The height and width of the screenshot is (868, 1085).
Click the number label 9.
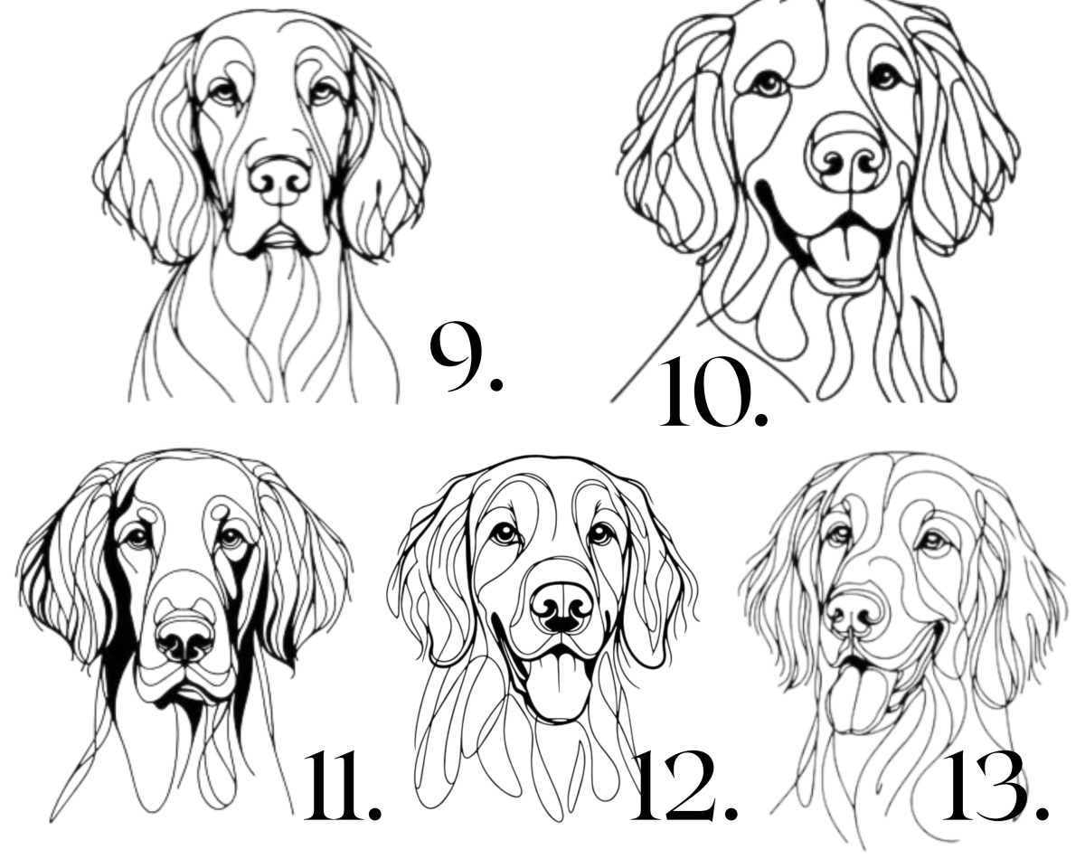pos(466,357)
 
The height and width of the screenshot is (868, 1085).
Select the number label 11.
pos(343,791)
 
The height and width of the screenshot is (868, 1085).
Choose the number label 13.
pos(995,792)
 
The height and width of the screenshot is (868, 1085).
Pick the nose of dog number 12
pos(562,609)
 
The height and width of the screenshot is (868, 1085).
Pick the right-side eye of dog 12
pos(600,534)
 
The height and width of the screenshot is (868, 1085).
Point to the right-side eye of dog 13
pos(935,542)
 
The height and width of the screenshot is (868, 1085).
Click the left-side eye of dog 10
pos(769,83)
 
